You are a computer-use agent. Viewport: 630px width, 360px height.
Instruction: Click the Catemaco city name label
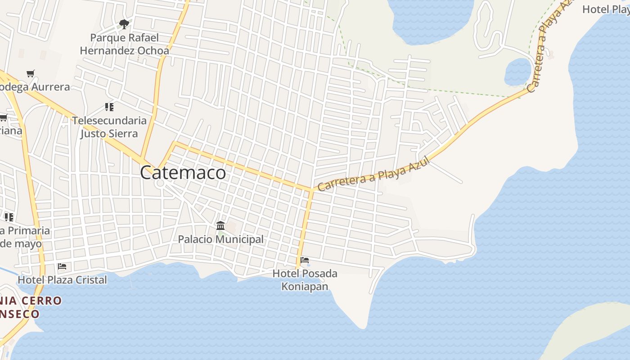183,173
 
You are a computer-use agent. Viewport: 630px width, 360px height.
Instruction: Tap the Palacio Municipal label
220,239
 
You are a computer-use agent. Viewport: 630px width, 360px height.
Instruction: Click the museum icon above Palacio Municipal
220,225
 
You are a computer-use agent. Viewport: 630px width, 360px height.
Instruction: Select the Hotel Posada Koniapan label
305,280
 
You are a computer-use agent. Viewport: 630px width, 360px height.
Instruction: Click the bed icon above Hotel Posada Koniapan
305,260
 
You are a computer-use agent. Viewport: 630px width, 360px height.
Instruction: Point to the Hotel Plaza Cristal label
62,280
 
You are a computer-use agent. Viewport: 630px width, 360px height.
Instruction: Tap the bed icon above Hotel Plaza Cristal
62,266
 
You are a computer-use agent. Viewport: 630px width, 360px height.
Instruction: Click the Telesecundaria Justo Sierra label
109,127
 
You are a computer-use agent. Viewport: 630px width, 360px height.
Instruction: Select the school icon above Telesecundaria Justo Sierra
109,107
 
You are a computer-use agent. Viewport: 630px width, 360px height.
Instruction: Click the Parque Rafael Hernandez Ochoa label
125,44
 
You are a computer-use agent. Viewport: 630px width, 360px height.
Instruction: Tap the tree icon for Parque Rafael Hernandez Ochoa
124,24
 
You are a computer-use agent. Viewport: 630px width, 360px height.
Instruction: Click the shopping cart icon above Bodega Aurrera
31,73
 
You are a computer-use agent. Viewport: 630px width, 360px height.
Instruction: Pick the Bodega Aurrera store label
35,87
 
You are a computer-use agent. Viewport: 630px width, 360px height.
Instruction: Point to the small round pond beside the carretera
518,72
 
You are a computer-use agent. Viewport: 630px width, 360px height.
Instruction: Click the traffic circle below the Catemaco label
160,184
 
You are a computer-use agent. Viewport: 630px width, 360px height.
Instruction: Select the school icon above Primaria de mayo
9,217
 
